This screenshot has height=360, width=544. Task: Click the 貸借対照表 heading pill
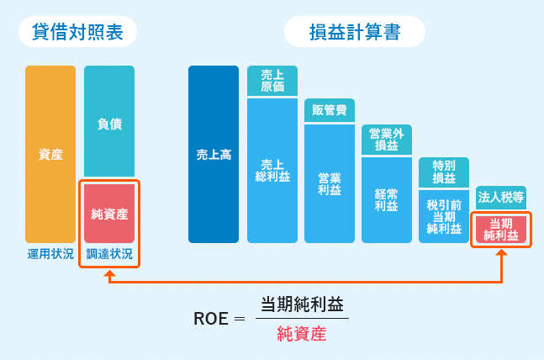(x=77, y=32)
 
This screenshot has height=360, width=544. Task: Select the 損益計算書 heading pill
(x=354, y=32)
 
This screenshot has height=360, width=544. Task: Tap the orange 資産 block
(x=50, y=155)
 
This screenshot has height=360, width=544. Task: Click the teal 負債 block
(x=109, y=123)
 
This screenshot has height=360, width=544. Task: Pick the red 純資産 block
(x=109, y=214)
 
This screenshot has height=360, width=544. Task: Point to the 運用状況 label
(x=50, y=254)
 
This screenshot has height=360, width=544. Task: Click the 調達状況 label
(x=109, y=254)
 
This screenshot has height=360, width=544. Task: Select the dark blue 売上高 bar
(x=214, y=155)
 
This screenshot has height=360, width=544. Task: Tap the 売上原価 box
(x=272, y=81)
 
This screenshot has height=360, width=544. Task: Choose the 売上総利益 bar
(x=272, y=171)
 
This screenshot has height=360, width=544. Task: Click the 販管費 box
(x=329, y=110)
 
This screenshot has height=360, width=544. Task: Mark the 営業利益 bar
(x=329, y=183)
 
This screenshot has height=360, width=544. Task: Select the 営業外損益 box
(x=386, y=140)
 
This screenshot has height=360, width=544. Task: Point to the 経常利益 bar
(x=386, y=199)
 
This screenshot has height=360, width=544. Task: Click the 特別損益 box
(x=444, y=172)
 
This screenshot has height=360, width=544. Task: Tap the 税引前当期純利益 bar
(x=444, y=216)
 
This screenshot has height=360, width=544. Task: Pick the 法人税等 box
(x=501, y=198)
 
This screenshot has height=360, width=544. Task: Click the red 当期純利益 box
(x=501, y=229)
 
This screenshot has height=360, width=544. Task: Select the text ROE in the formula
(x=211, y=319)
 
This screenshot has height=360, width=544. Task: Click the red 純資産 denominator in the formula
(x=301, y=334)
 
